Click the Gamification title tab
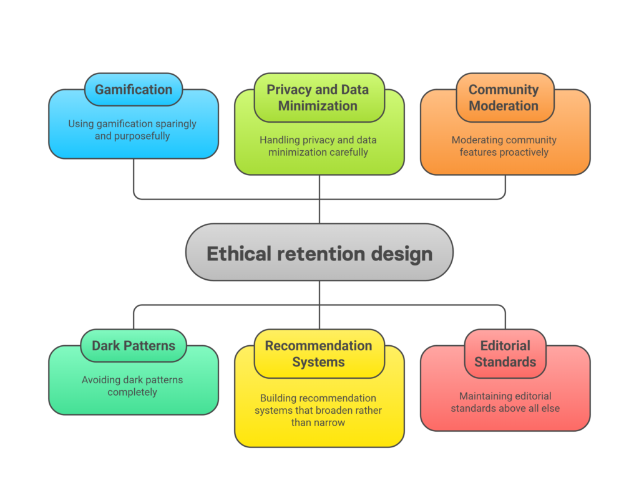point(133,90)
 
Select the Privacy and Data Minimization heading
point(318,98)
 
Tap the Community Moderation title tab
point(504,98)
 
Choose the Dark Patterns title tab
point(133,346)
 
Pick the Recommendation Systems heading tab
point(318,354)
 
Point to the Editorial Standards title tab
point(505,354)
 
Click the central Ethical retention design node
point(319,252)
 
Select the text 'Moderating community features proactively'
point(504,146)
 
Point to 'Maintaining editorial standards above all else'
point(505,402)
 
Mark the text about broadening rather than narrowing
point(318,410)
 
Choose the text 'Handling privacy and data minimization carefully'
point(318,146)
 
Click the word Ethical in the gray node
point(239,254)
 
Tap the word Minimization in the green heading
point(318,106)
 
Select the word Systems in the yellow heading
point(318,362)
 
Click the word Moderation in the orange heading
point(504,106)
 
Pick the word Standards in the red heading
point(505,362)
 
